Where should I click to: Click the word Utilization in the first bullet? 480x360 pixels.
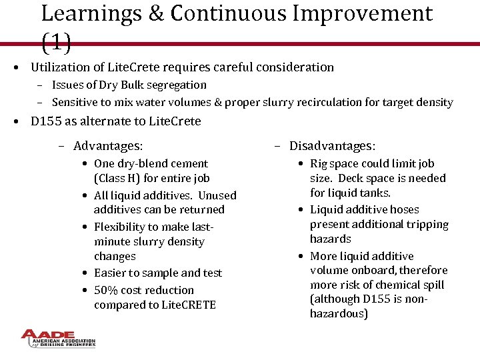[x=61, y=67]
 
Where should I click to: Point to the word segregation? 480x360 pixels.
[x=180, y=85]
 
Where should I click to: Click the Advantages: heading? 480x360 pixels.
[x=108, y=146]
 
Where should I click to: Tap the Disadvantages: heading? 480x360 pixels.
[x=332, y=146]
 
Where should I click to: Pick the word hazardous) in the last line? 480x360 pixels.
[x=339, y=313]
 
